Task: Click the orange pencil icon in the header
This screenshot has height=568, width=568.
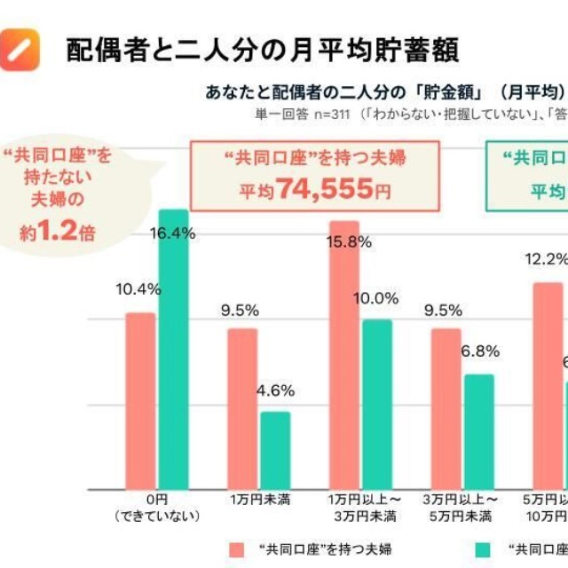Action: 22,49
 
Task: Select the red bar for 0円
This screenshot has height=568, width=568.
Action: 140,400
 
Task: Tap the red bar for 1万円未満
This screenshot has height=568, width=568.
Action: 242,408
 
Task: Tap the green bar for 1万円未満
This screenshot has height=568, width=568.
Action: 275,450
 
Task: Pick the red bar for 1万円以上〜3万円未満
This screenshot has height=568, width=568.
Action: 344,355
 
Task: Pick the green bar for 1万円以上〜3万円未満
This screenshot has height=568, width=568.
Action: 377,404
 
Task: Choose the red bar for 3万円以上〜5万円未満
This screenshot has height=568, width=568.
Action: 446,408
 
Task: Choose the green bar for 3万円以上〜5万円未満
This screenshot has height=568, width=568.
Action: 479,431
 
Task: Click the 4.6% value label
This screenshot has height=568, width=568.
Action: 276,390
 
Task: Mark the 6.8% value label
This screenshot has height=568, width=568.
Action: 480,351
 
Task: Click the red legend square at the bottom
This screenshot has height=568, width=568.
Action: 236,548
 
